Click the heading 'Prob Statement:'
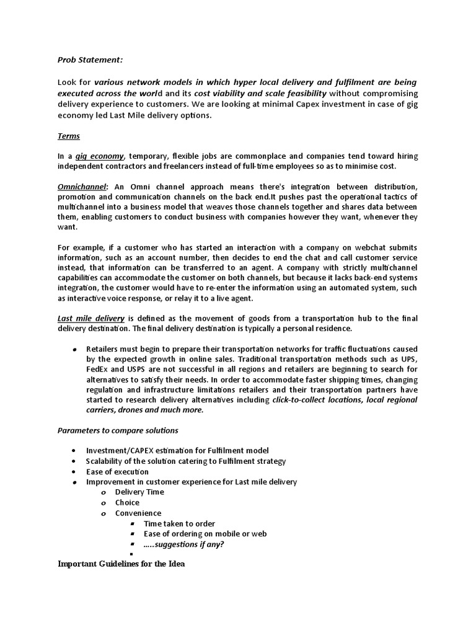tap(90, 60)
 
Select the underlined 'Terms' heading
tap(69, 136)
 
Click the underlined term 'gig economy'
tap(99, 156)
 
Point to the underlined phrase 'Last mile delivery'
tap(91, 318)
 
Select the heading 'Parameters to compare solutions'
tap(118, 430)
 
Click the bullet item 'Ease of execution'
tap(117, 471)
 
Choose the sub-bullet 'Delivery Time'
tap(139, 492)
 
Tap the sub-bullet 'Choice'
tap(127, 502)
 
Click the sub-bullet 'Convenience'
tap(138, 513)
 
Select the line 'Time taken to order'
tap(179, 523)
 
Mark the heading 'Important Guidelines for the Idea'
tap(121, 564)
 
